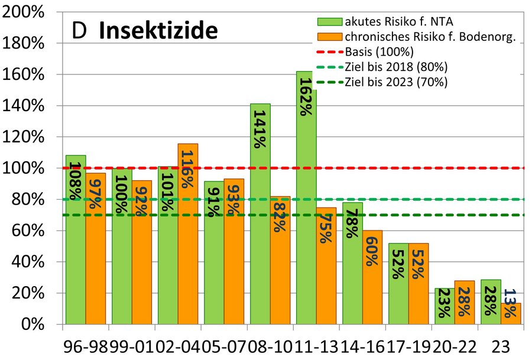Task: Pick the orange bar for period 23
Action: tap(511, 313)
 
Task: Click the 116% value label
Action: tap(187, 168)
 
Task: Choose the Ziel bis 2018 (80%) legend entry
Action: tap(395, 67)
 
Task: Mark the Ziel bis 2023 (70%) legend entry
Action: tap(395, 82)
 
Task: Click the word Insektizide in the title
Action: tap(158, 30)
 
